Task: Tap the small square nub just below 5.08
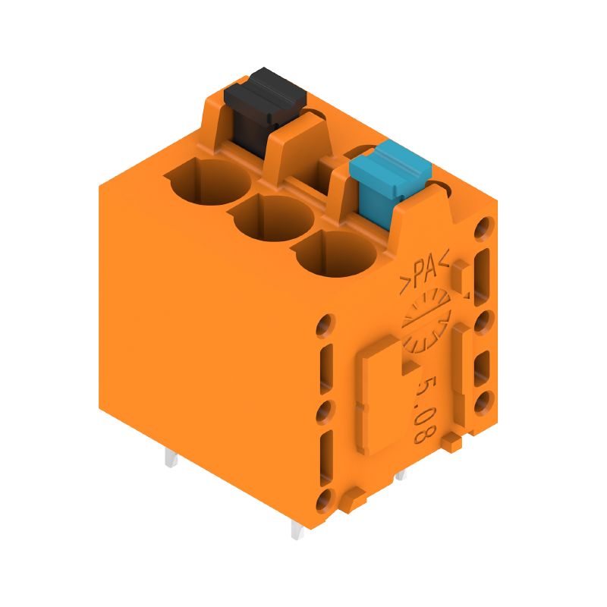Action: (x=451, y=441)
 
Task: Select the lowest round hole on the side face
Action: (x=325, y=499)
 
